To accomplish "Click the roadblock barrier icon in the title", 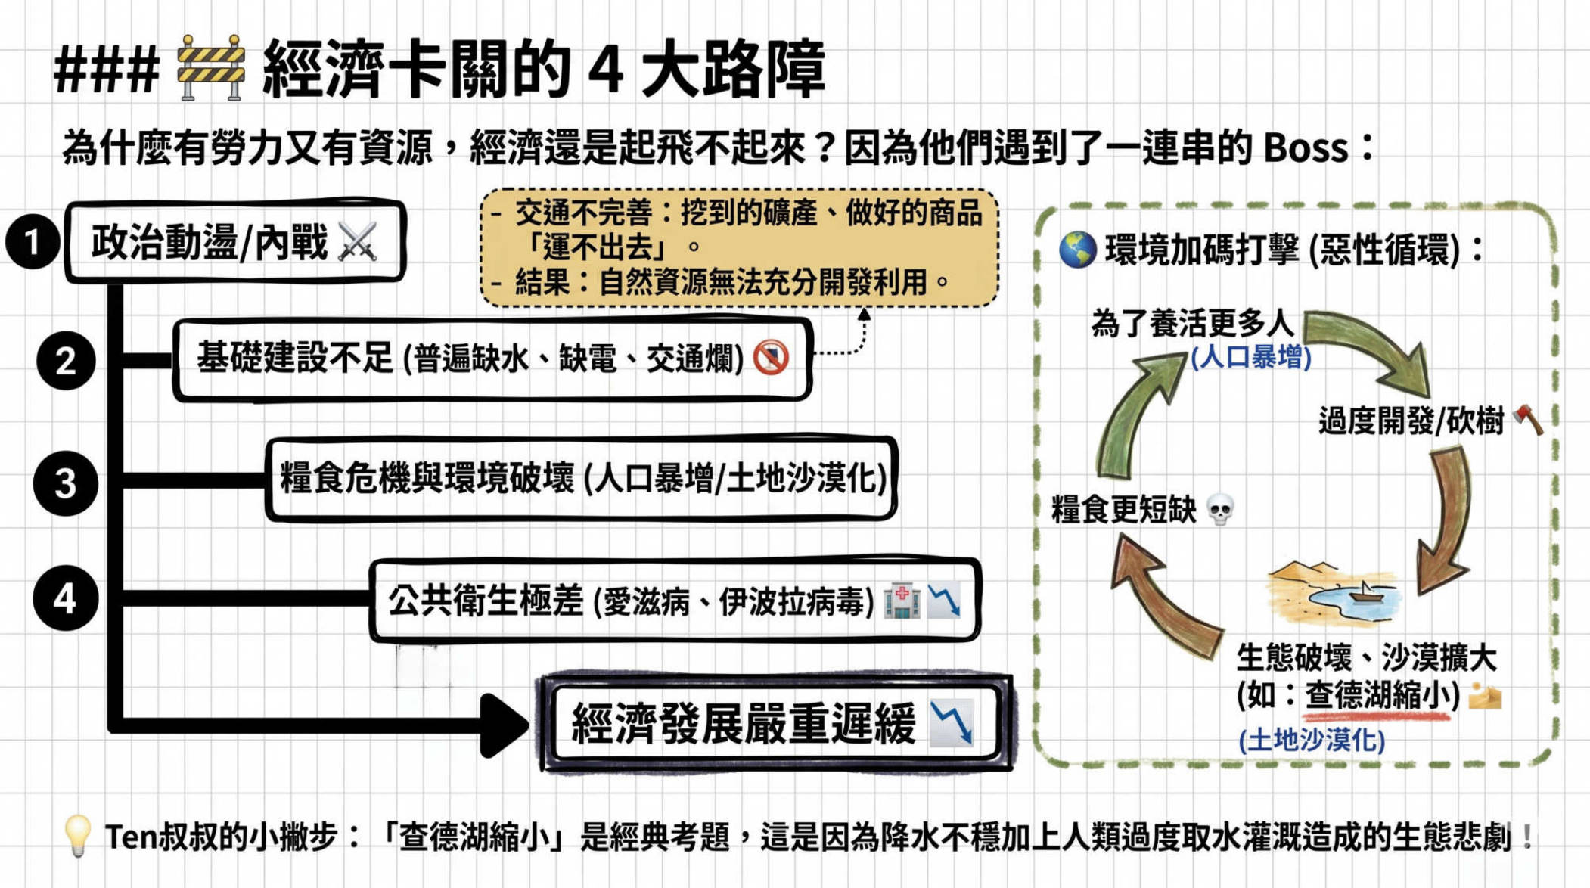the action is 211,67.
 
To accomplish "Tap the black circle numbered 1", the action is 33,242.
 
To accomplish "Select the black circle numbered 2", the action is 66,360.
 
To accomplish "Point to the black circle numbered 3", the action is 66,483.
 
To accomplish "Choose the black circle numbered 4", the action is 66,598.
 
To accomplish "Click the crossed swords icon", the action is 358,242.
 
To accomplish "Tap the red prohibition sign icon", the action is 771,358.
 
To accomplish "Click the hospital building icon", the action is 902,601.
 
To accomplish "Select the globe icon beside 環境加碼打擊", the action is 1077,250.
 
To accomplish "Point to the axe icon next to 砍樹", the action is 1528,420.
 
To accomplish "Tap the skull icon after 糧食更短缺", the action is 1220,510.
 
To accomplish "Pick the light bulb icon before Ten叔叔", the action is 77,836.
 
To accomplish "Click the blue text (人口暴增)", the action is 1251,357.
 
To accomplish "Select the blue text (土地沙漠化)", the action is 1312,740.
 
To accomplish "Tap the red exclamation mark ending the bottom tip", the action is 1527,837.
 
